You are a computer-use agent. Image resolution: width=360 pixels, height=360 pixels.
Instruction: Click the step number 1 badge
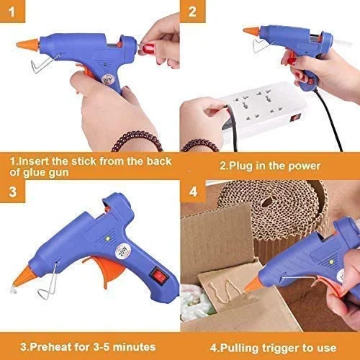(12, 12)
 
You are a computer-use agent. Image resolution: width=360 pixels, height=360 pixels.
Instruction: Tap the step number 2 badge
(192, 12)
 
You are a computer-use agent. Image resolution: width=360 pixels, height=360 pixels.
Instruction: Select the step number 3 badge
(12, 192)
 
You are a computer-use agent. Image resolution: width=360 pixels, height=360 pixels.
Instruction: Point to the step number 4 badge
(193, 192)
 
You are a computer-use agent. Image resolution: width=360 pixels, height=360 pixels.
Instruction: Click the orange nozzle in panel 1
(28, 45)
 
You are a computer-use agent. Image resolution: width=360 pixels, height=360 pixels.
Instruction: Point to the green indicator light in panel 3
(108, 238)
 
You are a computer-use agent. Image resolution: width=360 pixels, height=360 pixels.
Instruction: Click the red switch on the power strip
(295, 118)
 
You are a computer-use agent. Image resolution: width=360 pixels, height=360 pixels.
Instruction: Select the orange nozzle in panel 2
(252, 31)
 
